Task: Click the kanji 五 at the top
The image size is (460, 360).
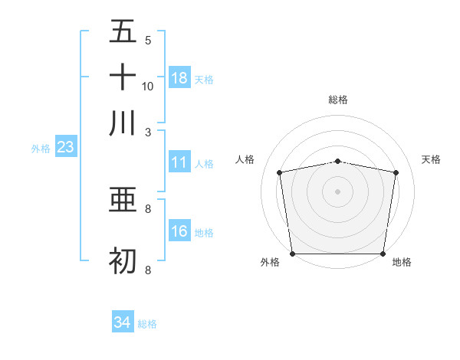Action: click(x=123, y=32)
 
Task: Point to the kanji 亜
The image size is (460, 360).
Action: click(x=123, y=201)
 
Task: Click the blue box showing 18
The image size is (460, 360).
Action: click(x=179, y=78)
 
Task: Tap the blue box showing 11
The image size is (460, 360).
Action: click(x=179, y=162)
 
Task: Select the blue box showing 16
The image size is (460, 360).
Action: click(x=179, y=231)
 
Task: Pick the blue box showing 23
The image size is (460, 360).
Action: click(x=65, y=148)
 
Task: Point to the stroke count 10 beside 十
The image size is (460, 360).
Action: click(x=148, y=86)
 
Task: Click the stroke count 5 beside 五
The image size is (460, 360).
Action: click(x=148, y=40)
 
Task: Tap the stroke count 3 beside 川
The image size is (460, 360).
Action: click(x=148, y=131)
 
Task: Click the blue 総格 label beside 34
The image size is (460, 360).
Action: click(x=147, y=324)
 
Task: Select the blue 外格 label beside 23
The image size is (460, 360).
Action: click(x=40, y=149)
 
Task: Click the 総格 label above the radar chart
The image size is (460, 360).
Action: click(x=338, y=100)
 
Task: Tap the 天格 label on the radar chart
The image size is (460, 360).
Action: click(x=431, y=159)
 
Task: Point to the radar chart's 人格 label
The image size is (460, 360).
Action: click(x=245, y=159)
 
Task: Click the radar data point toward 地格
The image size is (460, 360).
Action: click(x=383, y=254)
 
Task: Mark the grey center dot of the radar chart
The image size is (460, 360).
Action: click(x=338, y=191)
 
